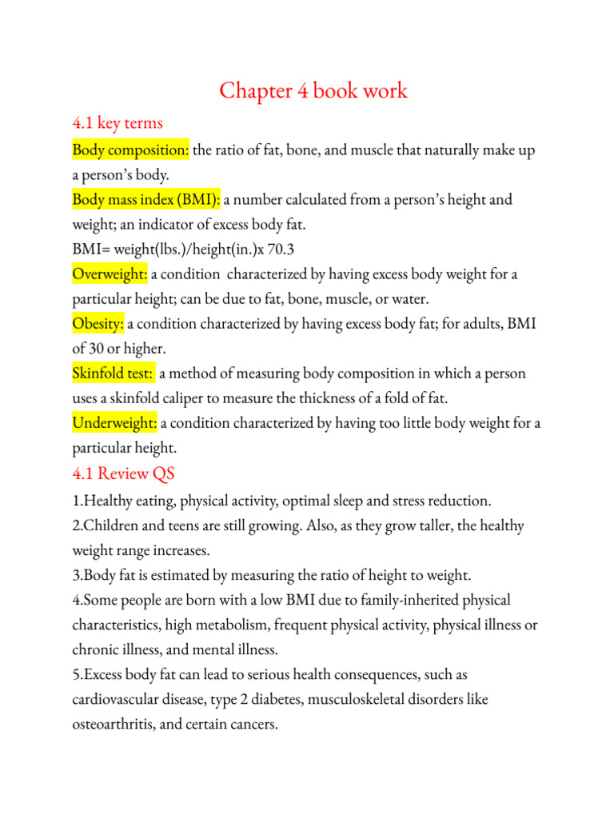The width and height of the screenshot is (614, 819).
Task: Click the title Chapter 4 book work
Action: tap(313, 90)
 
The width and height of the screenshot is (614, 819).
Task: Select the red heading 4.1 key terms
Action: tap(118, 122)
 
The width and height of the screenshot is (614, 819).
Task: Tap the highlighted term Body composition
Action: tap(130, 150)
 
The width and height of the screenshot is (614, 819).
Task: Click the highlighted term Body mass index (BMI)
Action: tap(146, 199)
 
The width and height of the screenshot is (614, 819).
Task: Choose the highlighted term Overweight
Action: tap(110, 274)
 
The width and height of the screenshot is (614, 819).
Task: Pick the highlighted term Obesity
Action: tap(98, 324)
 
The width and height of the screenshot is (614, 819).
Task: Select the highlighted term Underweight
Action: tap(114, 423)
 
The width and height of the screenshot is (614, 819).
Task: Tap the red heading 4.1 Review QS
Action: tap(123, 473)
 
